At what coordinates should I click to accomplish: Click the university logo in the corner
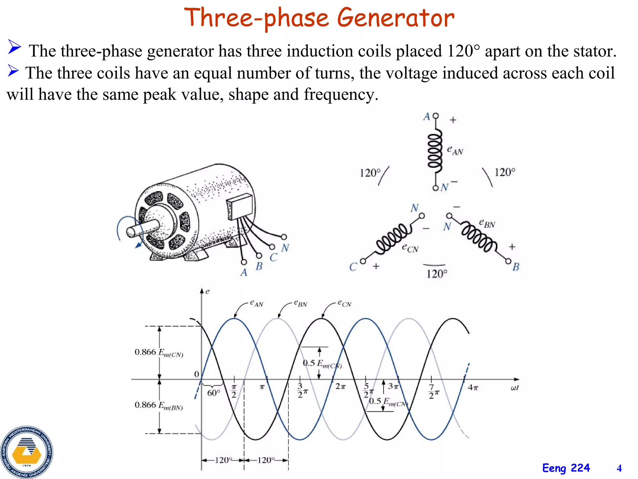tap(26, 452)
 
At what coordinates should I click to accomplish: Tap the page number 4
tap(619, 468)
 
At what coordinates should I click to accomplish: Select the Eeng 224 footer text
tap(566, 468)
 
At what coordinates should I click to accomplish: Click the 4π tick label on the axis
tap(473, 388)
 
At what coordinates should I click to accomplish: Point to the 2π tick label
tap(340, 387)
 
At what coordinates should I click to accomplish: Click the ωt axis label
tap(515, 388)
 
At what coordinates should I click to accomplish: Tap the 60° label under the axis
tap(214, 393)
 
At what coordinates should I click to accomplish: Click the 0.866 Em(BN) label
tap(159, 405)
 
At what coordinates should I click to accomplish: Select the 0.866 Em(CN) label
tap(159, 352)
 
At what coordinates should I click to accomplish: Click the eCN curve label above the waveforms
tap(345, 303)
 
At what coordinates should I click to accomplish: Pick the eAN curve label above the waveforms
tap(257, 303)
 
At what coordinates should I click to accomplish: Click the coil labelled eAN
tap(435, 153)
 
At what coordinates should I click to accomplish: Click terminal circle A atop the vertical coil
tap(436, 116)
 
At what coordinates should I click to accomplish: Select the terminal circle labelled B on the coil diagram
tap(508, 261)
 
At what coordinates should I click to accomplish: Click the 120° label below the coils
tap(437, 274)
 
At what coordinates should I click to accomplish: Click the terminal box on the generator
tap(239, 206)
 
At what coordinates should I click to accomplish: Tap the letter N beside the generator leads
tap(285, 248)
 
